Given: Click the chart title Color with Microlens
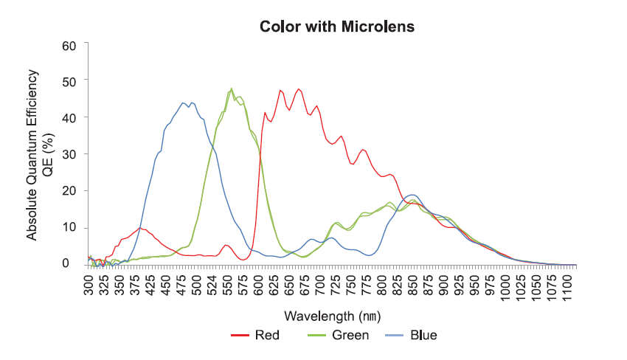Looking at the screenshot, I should (337, 27).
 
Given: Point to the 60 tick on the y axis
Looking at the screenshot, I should (70, 45).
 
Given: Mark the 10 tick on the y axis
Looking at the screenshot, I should (70, 227).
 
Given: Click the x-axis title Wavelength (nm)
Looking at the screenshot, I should (332, 316).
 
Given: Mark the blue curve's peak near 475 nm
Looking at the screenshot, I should (183, 103).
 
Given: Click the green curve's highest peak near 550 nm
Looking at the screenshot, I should (232, 89).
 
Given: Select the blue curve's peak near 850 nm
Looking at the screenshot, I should (412, 195).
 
